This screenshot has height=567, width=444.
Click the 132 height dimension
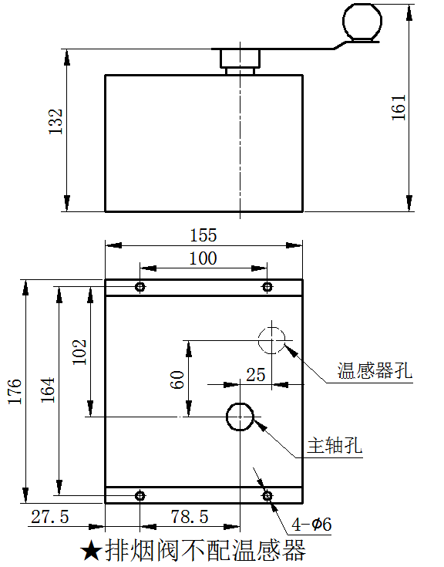pyautogui.click(x=56, y=122)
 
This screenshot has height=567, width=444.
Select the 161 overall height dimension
pyautogui.click(x=399, y=107)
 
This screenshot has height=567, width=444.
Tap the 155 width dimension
pyautogui.click(x=203, y=235)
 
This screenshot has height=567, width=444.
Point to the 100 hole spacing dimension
pyautogui.click(x=203, y=258)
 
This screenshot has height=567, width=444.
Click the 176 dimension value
pyautogui.click(x=15, y=391)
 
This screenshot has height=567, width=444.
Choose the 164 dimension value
pyautogui.click(x=48, y=390)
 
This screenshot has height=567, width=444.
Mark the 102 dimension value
pyautogui.click(x=79, y=352)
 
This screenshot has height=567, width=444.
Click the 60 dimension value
pyautogui.click(x=177, y=380)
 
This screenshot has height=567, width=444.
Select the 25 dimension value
pyautogui.click(x=256, y=375)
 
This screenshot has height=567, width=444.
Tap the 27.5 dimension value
pyautogui.click(x=50, y=517)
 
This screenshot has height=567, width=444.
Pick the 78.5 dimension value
pyautogui.click(x=190, y=517)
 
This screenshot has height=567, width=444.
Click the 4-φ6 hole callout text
pyautogui.click(x=311, y=525)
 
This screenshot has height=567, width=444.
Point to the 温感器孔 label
pyautogui.click(x=375, y=370)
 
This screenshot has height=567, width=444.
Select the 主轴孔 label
pyautogui.click(x=335, y=445)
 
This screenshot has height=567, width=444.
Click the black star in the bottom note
pyautogui.click(x=90, y=551)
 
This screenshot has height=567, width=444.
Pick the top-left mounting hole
pyautogui.click(x=140, y=287)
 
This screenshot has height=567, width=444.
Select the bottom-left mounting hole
pyautogui.click(x=140, y=496)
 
